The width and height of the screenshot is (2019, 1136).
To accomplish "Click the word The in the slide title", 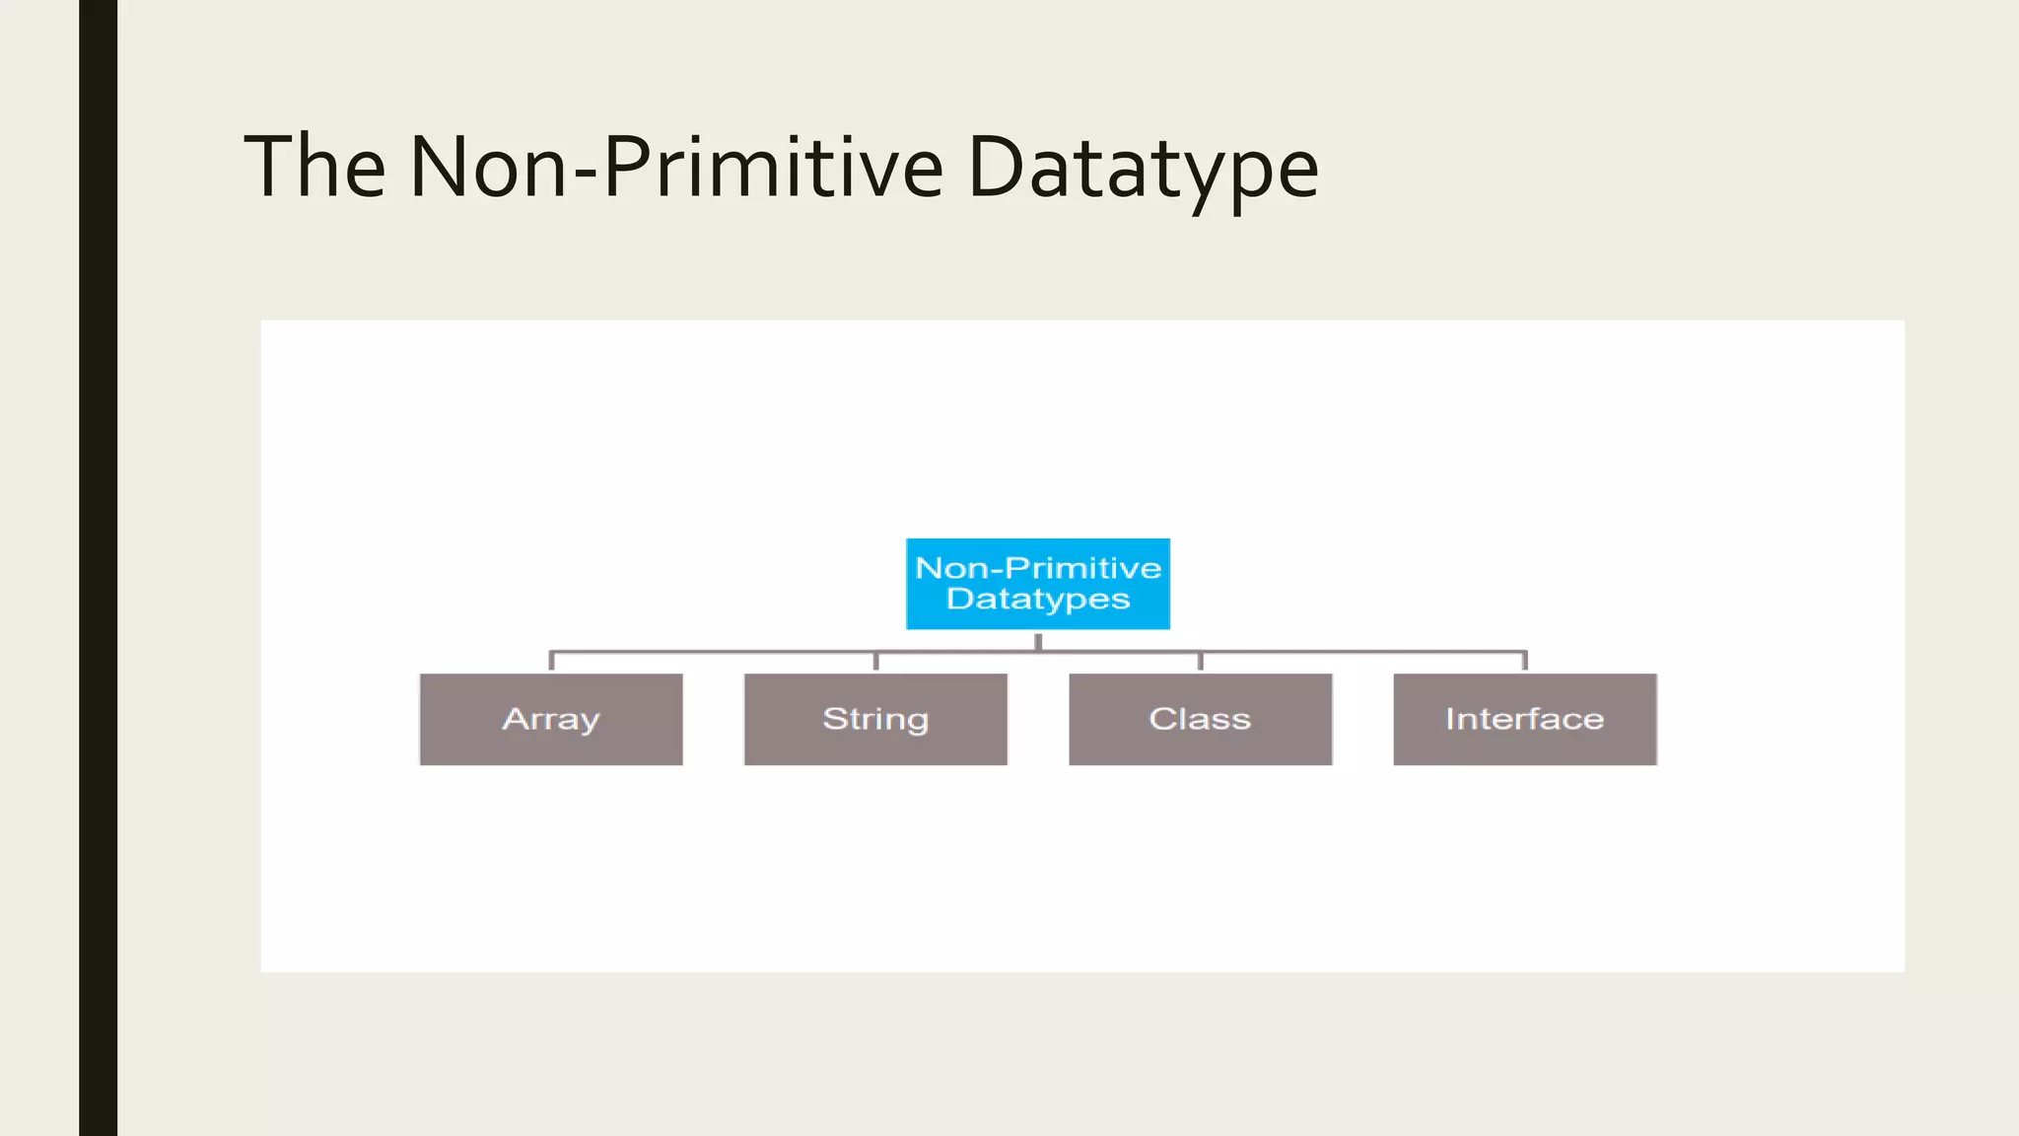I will pyautogui.click(x=314, y=168).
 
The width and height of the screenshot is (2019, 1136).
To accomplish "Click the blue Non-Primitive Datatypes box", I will pyautogui.click(x=1038, y=584).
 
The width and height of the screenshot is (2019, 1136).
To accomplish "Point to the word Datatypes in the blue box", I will pyautogui.click(x=1038, y=600).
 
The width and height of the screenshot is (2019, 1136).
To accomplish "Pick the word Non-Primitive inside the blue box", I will pyautogui.click(x=1038, y=568).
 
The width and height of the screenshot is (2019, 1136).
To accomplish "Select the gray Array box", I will pyautogui.click(x=551, y=720).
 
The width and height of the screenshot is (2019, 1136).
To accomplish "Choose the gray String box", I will pyautogui.click(x=875, y=720).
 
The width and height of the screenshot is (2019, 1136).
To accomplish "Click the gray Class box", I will pyautogui.click(x=1200, y=720).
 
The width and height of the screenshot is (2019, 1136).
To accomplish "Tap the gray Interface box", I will pyautogui.click(x=1524, y=720).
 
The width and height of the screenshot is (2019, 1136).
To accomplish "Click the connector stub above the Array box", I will pyautogui.click(x=551, y=661).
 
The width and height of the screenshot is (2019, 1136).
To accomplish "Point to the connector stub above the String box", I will pyautogui.click(x=875, y=661).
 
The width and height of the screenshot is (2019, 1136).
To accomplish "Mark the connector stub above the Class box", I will pyautogui.click(x=1200, y=661).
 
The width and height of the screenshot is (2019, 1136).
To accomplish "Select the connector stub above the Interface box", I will pyautogui.click(x=1524, y=661).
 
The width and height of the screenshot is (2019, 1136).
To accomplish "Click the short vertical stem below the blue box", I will pyautogui.click(x=1038, y=641).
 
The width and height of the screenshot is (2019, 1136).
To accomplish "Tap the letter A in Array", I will pyautogui.click(x=515, y=718).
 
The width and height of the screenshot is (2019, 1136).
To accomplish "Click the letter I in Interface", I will pyautogui.click(x=1449, y=718).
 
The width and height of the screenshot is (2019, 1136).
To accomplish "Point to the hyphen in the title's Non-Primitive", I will pyautogui.click(x=585, y=174).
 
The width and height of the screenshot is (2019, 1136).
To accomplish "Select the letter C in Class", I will pyautogui.click(x=1161, y=719).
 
